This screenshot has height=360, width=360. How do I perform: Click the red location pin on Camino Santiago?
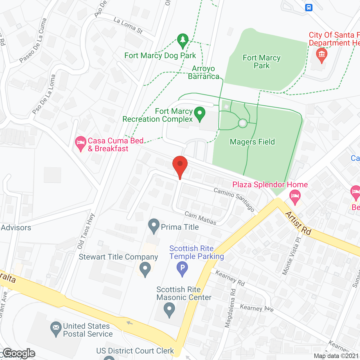pyautogui.click(x=180, y=165)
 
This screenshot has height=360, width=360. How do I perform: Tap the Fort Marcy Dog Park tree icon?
pyautogui.click(x=183, y=41)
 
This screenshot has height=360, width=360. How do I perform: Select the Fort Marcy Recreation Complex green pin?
pyautogui.click(x=200, y=114)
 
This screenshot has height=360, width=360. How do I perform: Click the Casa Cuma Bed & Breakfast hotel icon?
pyautogui.click(x=81, y=143)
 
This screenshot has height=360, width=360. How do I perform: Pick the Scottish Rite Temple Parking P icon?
pyautogui.click(x=182, y=268)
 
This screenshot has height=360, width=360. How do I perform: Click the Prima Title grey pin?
pyautogui.click(x=154, y=226)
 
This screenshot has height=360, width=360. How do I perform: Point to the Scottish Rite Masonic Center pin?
pyautogui.click(x=169, y=309)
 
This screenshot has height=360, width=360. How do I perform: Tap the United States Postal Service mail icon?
pyautogui.click(x=56, y=328)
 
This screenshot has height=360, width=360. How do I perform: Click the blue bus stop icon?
pyautogui.click(x=309, y=7)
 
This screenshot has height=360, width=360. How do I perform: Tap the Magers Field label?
pyautogui.click(x=252, y=142)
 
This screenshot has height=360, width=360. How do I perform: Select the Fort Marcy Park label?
pyautogui.click(x=262, y=62)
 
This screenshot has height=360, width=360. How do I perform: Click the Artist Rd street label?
pyautogui.click(x=298, y=223)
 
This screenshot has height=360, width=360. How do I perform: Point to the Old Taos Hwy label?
pyautogui.click(x=86, y=231)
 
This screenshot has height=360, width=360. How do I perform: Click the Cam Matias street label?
pyautogui.click(x=201, y=218)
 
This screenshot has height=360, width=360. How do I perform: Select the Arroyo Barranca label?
pyautogui.click(x=203, y=72)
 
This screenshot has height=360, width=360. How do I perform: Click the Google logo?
pyautogui.click(x=19, y=353)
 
